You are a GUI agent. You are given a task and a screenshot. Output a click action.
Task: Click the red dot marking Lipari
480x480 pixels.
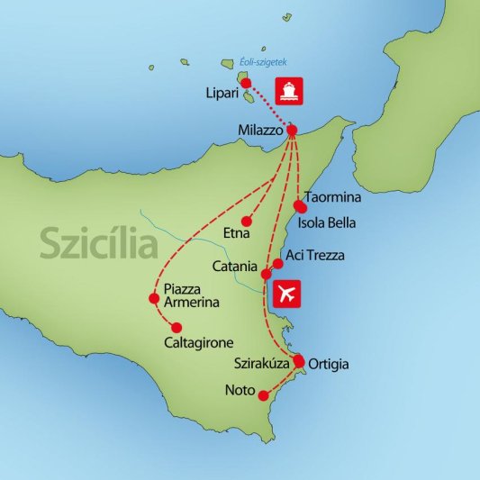pyautogui.click(x=245, y=84)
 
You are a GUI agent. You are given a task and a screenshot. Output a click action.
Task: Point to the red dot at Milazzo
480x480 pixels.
pyautogui.click(x=292, y=131)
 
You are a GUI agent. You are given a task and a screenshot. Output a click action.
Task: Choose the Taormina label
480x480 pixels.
pyautogui.click(x=334, y=195)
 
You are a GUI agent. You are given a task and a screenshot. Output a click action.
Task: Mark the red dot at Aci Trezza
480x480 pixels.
pyautogui.click(x=277, y=264)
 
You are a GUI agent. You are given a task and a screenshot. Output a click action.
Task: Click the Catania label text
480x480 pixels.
pyautogui.click(x=235, y=267)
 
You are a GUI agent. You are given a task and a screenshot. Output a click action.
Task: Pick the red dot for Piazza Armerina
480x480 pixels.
pyautogui.click(x=153, y=299)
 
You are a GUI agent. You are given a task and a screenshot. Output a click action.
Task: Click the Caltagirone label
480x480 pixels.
pyautogui.click(x=200, y=343)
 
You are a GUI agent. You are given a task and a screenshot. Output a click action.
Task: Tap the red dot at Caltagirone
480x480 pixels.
pyautogui.click(x=177, y=327)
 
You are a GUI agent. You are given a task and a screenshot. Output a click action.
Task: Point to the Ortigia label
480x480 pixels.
pyautogui.click(x=328, y=365)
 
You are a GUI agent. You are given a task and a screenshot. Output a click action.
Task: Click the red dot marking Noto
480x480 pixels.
pyautogui.click(x=263, y=395)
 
